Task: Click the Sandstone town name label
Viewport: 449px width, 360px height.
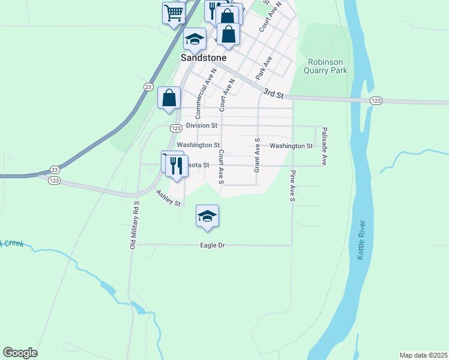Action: click(203, 58)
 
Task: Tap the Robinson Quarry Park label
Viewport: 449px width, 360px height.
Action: click(327, 66)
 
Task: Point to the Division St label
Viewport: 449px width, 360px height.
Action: click(201, 125)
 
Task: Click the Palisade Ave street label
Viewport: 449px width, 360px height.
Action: click(324, 146)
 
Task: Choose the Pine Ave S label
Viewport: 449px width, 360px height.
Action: click(293, 185)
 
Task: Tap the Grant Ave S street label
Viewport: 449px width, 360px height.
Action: click(257, 155)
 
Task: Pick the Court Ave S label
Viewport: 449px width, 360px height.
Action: click(221, 167)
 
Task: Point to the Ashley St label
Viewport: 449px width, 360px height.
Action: click(169, 199)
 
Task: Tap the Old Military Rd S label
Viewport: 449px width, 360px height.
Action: click(134, 225)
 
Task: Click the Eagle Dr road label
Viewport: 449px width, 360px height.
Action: click(212, 245)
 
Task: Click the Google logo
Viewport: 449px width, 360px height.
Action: click(20, 353)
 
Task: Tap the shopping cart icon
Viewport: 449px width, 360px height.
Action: click(173, 12)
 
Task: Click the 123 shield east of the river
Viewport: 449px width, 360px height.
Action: click(376, 100)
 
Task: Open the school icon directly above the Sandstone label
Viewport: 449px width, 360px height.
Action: click(194, 39)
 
